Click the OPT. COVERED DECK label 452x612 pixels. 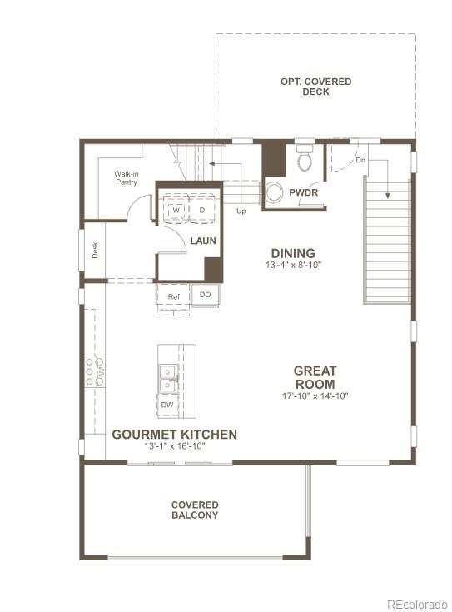(315, 87)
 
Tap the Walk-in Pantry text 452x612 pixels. (126, 177)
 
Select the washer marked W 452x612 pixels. (176, 211)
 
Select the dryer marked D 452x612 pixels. (201, 211)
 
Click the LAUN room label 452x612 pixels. (203, 241)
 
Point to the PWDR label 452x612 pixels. (304, 193)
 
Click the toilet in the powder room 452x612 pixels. (305, 158)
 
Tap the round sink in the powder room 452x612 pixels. (274, 192)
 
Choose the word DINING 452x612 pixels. (293, 253)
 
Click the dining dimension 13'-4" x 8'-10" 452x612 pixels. (293, 265)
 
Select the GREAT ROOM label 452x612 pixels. (314, 377)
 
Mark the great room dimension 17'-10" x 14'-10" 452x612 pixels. (314, 396)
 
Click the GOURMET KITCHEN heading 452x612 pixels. (175, 435)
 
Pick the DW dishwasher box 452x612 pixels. (167, 405)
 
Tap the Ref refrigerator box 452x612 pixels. (173, 296)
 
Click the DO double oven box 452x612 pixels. (204, 296)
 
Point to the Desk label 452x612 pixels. (95, 250)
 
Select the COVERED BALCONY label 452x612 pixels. (195, 510)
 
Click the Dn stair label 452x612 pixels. (360, 160)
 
